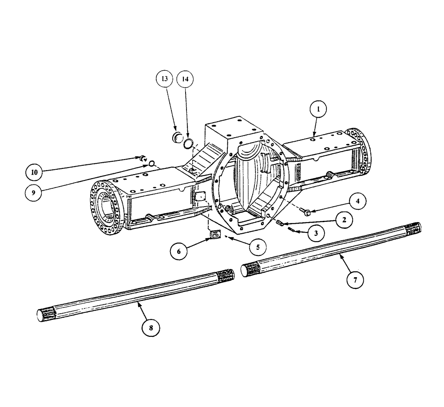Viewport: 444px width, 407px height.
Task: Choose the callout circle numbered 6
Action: [x=179, y=251]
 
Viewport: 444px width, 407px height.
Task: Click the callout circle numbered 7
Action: [x=355, y=280]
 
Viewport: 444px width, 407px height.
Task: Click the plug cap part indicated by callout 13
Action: [x=178, y=137]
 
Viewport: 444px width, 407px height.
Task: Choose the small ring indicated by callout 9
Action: [x=151, y=163]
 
